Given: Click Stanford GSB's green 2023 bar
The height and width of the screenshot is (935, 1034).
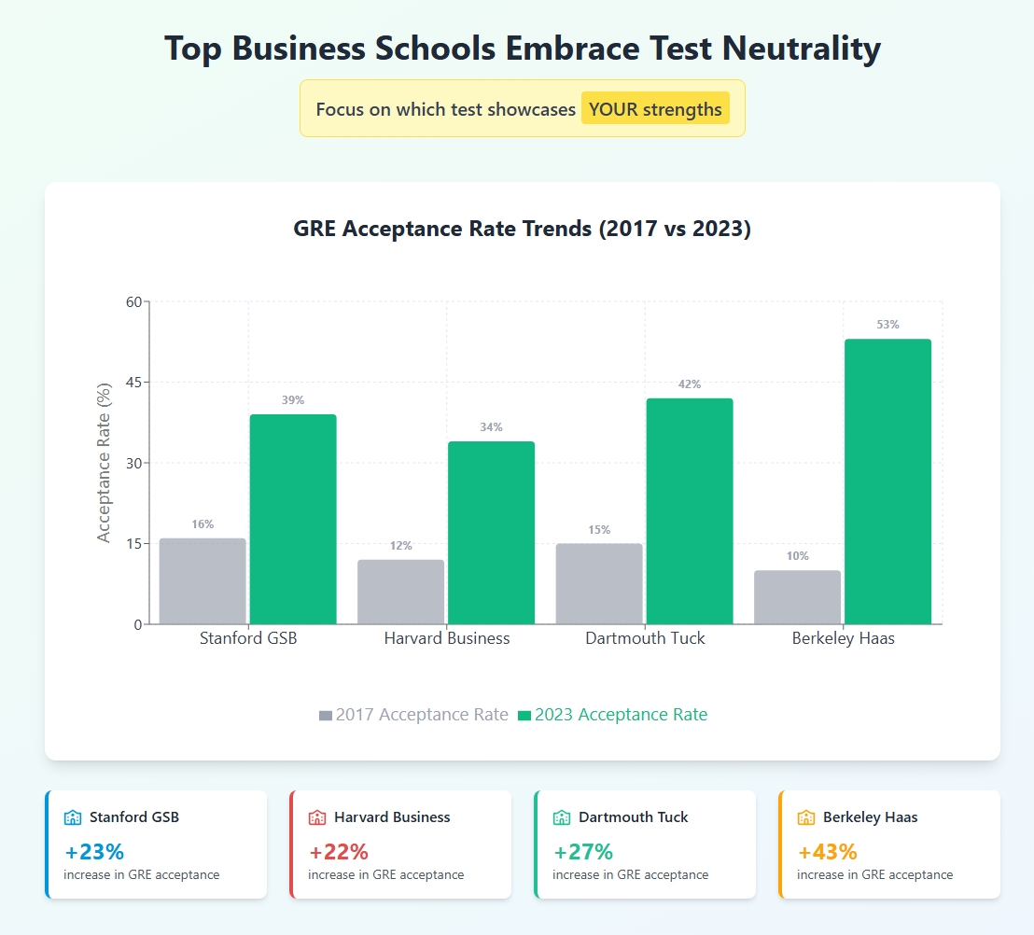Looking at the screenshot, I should pos(293,519).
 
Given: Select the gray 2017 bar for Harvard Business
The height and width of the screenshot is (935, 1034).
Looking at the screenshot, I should pos(400,592).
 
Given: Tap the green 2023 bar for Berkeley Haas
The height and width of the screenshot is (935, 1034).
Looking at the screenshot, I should pos(887,481).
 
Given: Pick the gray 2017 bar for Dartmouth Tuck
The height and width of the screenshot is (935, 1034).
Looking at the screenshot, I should pos(599,583).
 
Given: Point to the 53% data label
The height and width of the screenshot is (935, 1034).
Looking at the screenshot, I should pos(887,325).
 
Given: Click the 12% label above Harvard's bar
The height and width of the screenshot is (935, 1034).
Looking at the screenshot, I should pos(400,546).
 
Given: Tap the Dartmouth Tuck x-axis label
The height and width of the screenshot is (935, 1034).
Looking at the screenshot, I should pos(645,639).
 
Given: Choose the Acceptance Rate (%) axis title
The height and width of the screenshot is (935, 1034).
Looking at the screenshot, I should pos(104,463).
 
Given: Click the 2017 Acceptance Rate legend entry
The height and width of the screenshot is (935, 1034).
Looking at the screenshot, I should pos(413,715).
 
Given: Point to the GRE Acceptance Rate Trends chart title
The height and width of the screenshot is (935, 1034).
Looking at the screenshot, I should pos(523,230).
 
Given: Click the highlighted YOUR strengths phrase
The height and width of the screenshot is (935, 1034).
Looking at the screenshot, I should pos(655,109).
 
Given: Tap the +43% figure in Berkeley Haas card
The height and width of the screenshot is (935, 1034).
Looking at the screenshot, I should pos(828,851).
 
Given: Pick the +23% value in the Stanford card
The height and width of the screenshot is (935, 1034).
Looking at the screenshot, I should pos(94,851).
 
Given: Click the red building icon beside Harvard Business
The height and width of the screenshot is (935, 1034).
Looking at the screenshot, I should pos(317,817).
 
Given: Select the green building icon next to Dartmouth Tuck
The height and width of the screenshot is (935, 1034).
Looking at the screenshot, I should pos(562,817).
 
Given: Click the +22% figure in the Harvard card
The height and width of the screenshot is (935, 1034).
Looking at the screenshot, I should pos(339,851).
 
